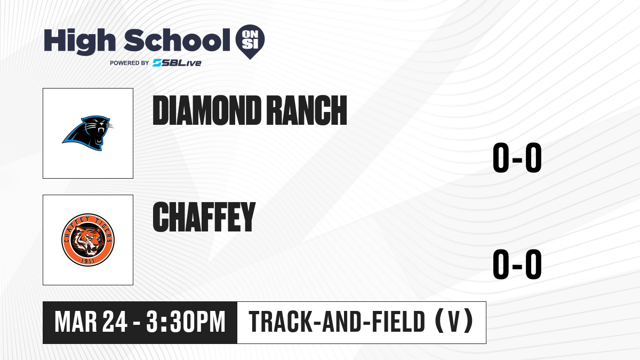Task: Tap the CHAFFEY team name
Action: [x=204, y=217]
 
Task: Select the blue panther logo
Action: [x=87, y=133]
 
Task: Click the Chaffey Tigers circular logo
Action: [x=88, y=239]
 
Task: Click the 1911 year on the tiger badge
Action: [x=88, y=261]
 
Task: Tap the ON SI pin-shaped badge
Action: [x=250, y=42]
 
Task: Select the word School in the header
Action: [x=177, y=40]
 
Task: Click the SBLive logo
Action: [x=177, y=62]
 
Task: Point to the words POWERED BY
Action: [x=130, y=63]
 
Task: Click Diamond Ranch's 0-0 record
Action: [x=517, y=158]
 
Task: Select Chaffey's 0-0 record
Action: [x=517, y=265]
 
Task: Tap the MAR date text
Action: [x=76, y=322]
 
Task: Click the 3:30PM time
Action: [x=186, y=322]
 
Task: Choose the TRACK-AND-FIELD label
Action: [x=337, y=322]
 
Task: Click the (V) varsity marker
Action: [x=454, y=322]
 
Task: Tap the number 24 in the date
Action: [x=115, y=322]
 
